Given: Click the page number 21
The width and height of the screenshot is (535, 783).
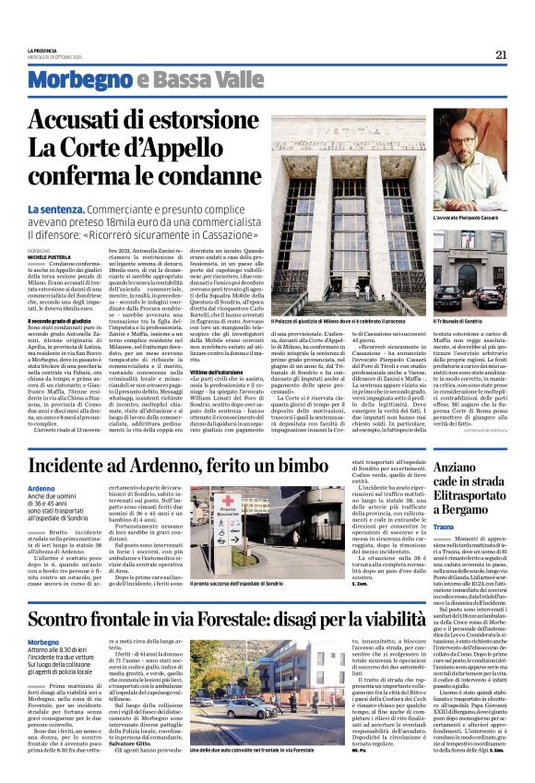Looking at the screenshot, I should [501, 54].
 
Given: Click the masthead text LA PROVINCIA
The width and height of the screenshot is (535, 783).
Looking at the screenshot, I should [43, 50].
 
